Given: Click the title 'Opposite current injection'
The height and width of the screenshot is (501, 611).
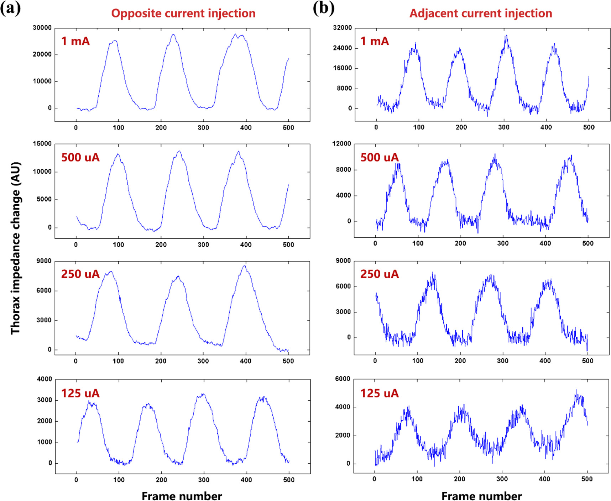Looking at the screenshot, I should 183,14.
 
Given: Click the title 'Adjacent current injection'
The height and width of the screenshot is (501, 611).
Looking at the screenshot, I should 481,14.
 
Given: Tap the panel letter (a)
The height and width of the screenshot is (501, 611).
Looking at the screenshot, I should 10,8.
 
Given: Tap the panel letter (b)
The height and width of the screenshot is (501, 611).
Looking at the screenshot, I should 323,8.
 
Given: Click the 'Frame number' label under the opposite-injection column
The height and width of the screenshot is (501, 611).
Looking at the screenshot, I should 182,496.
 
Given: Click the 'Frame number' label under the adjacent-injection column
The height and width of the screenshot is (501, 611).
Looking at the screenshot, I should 481,496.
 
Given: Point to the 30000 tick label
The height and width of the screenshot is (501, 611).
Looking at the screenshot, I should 42,28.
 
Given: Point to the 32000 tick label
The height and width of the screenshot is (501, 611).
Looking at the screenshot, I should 342,28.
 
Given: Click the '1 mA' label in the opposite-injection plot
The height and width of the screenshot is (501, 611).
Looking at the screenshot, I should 75,41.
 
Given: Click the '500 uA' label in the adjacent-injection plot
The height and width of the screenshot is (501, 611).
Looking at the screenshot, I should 379,157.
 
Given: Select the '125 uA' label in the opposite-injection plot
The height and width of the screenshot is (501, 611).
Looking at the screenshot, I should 80,393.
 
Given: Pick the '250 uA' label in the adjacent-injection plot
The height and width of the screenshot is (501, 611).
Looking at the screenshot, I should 379,274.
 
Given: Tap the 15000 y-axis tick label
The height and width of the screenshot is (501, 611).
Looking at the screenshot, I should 42,144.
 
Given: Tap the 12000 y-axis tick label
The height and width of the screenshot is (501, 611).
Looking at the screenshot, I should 341,144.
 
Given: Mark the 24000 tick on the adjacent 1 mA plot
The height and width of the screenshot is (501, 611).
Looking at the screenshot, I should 342,48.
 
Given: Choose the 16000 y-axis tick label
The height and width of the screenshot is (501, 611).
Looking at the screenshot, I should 342,68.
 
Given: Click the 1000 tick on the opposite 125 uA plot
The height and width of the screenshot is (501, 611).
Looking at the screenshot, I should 45,442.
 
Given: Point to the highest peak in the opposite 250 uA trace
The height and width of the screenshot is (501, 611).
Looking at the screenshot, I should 245,265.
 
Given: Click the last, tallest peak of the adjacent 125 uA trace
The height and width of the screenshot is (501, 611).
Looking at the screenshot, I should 576,390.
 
